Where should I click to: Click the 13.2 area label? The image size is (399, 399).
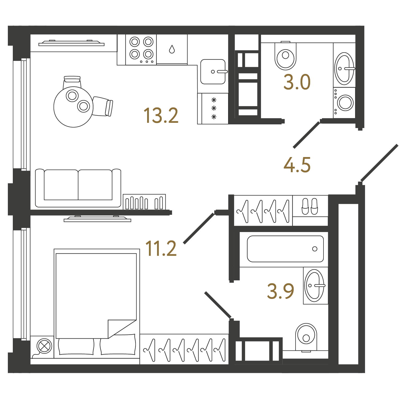[x=161, y=115]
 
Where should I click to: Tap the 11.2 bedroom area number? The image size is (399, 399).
[x=161, y=248]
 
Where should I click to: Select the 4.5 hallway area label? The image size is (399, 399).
[x=297, y=165]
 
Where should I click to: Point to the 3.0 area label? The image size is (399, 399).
[x=297, y=82]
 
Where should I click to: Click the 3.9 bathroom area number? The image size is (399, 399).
[x=281, y=291]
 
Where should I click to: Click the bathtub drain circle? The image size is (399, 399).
[x=315, y=249]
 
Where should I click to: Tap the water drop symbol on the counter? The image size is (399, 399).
[x=172, y=49]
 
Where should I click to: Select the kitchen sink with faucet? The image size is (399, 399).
[x=213, y=72]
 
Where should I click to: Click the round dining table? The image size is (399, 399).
[x=73, y=107]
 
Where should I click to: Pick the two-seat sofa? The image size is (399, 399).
[x=78, y=188]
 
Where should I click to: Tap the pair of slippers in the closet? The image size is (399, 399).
[x=310, y=206]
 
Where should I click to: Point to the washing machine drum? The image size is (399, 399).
[x=345, y=103]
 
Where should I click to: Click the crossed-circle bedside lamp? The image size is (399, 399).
[x=45, y=346]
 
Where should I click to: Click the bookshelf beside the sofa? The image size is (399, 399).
[x=144, y=202]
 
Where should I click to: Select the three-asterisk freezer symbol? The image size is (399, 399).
[x=214, y=108]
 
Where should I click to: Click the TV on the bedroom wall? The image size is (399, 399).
[x=97, y=219]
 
